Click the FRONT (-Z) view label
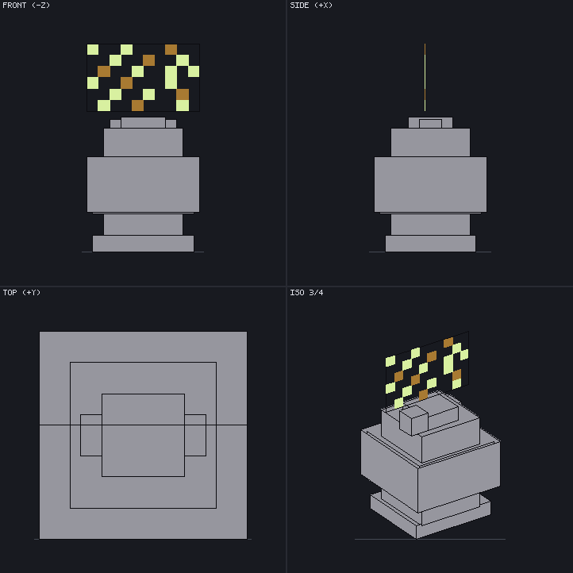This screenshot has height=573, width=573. pos(26,5)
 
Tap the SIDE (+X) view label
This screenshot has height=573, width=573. pos(311,5)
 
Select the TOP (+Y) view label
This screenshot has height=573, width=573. pos(21,292)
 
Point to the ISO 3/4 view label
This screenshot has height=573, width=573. pos(306,292)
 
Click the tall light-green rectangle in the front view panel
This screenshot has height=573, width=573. pos(171,77)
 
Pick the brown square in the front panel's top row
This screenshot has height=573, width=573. pos(171,49)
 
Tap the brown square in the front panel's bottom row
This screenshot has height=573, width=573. pos(138,106)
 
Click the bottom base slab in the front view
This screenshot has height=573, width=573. pos(143,244)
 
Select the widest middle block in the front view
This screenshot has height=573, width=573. pos(143,185)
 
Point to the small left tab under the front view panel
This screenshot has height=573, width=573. pos(116,124)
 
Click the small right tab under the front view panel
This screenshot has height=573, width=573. pos(171,124)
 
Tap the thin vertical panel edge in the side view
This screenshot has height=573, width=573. pos(425,78)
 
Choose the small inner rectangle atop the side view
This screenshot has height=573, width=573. pos(430,124)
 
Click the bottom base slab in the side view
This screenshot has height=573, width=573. pos(430,244)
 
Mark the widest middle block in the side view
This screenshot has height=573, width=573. pos(430,185)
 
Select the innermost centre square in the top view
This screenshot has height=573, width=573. pos(143,435)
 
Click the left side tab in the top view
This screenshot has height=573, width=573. pos(91,435)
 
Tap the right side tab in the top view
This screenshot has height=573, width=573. pos(195,435)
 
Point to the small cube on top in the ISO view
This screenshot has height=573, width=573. pos(413,421)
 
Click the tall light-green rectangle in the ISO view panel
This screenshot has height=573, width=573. pos(448,364)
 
